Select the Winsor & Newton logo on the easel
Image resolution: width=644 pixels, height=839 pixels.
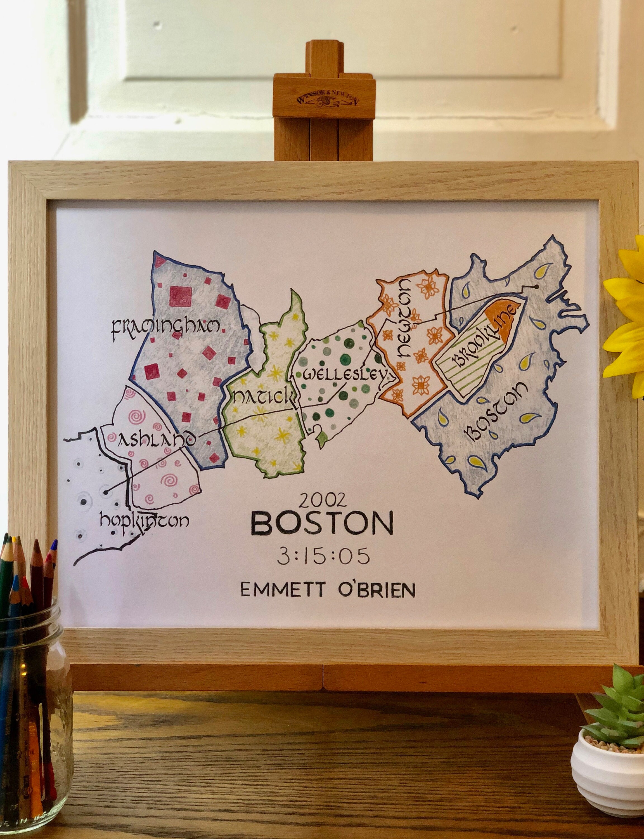324,101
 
